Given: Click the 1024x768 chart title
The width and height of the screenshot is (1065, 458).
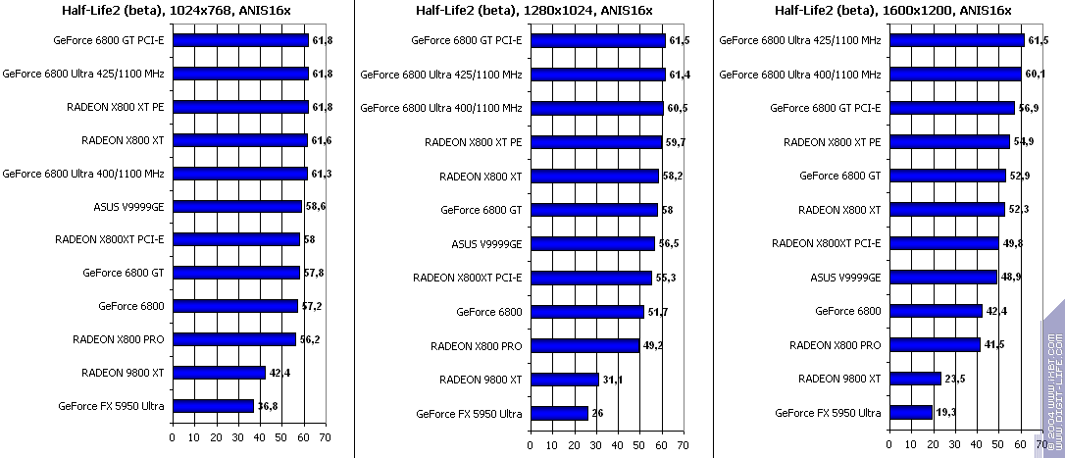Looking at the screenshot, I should point(170,11).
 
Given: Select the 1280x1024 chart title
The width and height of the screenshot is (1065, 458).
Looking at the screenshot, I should point(528,11).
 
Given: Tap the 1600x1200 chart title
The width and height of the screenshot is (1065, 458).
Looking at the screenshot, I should point(886,11).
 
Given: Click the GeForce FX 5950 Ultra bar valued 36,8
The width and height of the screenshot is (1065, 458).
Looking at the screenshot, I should point(213,405).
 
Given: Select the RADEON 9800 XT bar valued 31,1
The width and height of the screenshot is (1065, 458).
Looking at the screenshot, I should point(564,380).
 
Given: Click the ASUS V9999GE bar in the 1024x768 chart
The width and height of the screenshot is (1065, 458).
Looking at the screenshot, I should point(237,207).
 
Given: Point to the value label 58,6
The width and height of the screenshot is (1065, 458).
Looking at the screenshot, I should point(316,207).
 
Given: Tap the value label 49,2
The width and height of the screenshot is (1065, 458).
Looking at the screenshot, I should point(651,345).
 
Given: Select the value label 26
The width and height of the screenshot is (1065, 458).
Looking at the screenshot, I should point(597,413).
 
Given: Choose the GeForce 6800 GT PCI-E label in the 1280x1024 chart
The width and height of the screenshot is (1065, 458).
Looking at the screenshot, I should point(467,41).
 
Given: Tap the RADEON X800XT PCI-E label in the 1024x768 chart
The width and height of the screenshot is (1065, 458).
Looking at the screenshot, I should point(109,239).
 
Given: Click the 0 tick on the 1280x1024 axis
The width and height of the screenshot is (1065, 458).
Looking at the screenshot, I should point(530,444).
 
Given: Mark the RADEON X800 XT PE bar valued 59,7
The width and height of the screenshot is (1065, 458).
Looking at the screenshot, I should point(595,142).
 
